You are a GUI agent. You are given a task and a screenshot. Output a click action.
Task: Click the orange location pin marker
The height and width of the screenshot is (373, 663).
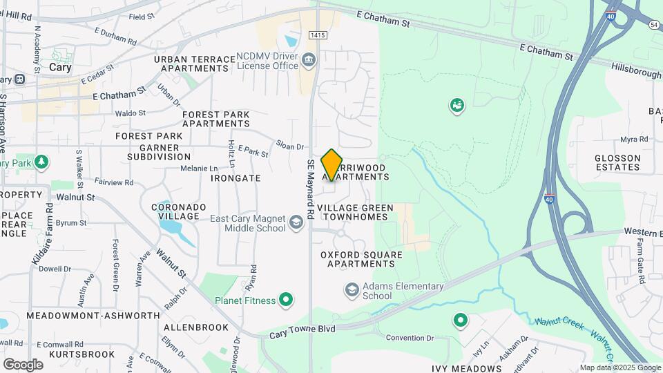pos(331,165)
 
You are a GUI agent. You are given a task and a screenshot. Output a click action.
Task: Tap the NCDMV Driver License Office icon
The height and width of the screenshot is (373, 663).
pos(309,61)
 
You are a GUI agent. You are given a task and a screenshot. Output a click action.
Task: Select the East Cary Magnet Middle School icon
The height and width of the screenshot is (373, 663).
pos(296,221)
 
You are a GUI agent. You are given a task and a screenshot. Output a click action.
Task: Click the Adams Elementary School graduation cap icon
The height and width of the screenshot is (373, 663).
pos(352,289)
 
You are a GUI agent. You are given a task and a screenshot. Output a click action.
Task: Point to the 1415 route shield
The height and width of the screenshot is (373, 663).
pos(318,34)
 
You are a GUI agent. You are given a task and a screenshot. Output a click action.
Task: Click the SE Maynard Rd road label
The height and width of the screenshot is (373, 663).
pos(311,189)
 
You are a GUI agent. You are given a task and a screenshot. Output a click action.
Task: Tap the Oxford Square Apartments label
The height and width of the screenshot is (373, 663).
pos(361,259)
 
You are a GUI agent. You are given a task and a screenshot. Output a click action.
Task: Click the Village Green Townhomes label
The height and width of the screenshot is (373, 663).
pos(355,212)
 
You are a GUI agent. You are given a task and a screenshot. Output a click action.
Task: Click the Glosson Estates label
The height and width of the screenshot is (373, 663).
pos(617,162)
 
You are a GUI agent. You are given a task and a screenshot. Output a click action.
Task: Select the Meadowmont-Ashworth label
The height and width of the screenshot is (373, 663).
pos(93,316)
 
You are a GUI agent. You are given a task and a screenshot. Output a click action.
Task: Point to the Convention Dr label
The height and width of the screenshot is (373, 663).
pos(409,338)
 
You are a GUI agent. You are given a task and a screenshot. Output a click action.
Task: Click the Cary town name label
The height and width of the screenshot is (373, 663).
pos(60,68)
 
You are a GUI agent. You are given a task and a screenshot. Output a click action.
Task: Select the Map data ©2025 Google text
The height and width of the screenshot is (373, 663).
pos(619,367)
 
